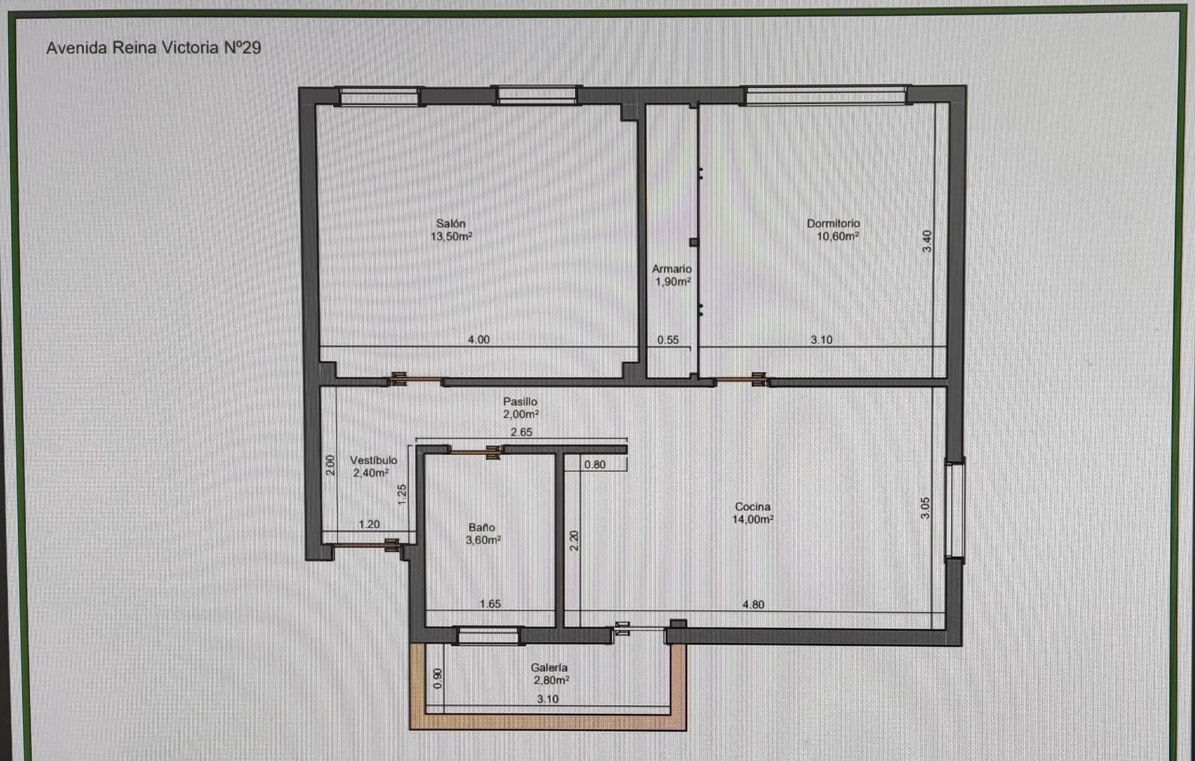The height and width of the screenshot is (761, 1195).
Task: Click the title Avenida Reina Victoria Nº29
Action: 153,48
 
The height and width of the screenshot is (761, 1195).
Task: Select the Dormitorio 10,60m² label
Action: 834,229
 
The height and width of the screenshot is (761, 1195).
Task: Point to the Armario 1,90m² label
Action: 671,275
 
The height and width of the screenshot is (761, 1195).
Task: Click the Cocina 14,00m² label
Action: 752,513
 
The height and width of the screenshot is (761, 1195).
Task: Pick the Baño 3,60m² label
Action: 482,533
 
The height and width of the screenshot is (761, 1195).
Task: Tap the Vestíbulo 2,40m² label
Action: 373,467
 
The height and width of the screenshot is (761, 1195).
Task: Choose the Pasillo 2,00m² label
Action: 520,408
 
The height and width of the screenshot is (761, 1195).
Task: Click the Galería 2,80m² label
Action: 550,674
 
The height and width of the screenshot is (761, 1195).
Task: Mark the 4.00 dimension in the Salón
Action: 479,339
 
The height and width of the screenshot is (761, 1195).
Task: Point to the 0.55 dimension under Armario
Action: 668,340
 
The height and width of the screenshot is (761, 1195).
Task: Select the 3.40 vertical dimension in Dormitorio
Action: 927,240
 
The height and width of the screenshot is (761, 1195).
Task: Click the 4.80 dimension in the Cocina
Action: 753,604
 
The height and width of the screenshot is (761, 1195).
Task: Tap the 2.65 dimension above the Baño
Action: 521,432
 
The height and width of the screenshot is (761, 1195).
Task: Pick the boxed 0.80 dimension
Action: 595,465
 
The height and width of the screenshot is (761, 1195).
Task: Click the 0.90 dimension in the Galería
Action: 438,677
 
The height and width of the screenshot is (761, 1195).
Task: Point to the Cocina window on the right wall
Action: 955,509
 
